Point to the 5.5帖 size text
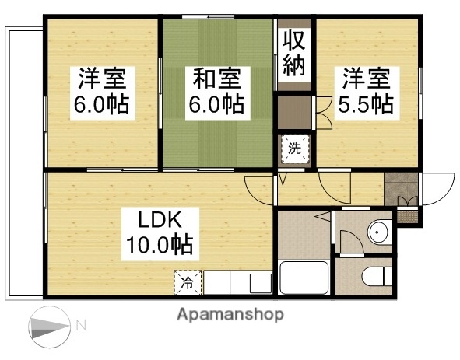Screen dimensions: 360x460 pyautogui.click(x=364, y=104)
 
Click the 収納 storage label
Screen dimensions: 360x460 pyautogui.click(x=293, y=53)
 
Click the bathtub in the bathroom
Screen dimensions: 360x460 pyautogui.click(x=304, y=277)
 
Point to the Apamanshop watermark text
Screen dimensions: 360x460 pyautogui.click(x=230, y=315)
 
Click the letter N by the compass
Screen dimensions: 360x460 pyautogui.click(x=80, y=324)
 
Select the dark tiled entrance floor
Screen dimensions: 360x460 pyautogui.click(x=401, y=190)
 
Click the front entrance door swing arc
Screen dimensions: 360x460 pyautogui.click(x=437, y=187)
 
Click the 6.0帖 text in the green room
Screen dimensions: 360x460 pyautogui.click(x=217, y=104)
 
